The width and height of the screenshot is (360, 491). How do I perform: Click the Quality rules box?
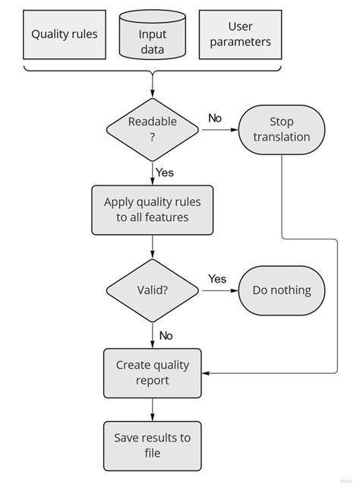(x=65, y=34)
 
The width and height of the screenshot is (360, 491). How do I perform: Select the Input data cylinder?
(x=153, y=35)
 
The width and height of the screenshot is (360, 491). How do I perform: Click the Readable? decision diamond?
(x=153, y=130)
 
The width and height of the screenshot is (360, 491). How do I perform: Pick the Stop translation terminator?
(x=282, y=130)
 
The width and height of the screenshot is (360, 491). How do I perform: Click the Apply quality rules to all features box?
(x=153, y=210)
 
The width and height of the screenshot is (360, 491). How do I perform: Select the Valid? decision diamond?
(x=153, y=290)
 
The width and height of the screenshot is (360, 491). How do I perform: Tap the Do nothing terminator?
(x=282, y=290)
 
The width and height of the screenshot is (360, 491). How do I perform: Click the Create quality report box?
(x=153, y=372)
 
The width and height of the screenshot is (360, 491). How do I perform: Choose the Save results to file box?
(x=153, y=445)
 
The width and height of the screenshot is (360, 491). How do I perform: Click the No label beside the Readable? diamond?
(x=215, y=118)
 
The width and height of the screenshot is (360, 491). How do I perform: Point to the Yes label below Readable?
(x=165, y=173)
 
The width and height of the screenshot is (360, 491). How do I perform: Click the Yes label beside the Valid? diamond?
(x=217, y=279)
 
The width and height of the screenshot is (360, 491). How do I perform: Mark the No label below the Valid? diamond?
(x=166, y=335)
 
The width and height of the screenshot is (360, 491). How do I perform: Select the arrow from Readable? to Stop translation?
(x=220, y=130)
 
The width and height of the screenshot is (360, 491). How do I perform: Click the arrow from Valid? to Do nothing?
(x=220, y=290)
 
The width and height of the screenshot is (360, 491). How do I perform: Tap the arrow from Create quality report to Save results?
(x=153, y=409)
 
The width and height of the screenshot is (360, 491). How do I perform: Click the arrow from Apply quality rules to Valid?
(x=153, y=247)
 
